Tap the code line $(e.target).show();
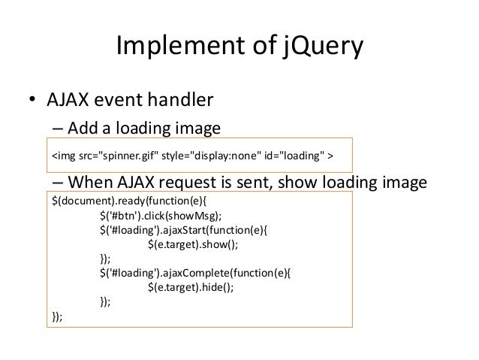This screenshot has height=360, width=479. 197,245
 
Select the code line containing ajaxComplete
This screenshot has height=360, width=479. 199,274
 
